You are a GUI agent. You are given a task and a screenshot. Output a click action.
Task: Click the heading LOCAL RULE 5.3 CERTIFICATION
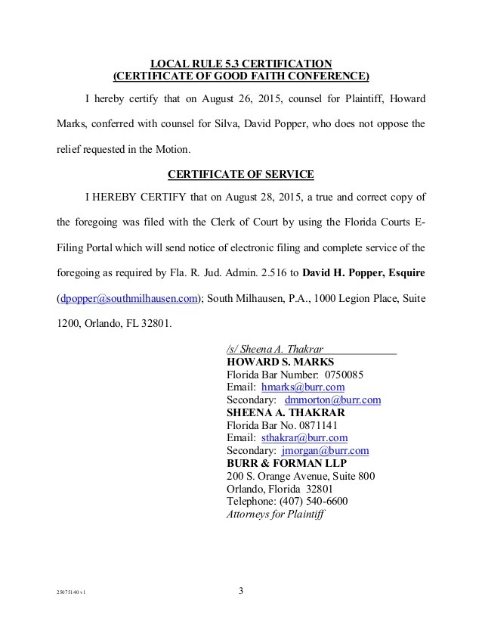tap(240, 63)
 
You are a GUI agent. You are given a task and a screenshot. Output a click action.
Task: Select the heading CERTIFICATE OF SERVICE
tap(240, 174)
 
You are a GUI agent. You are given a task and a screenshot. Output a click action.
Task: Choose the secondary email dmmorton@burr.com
tap(332, 400)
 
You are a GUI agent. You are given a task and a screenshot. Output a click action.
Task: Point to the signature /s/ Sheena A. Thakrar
tap(275, 349)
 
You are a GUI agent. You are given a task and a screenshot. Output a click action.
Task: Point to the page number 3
tap(240, 591)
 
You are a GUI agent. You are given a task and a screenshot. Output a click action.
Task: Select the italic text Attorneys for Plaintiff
tap(275, 514)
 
